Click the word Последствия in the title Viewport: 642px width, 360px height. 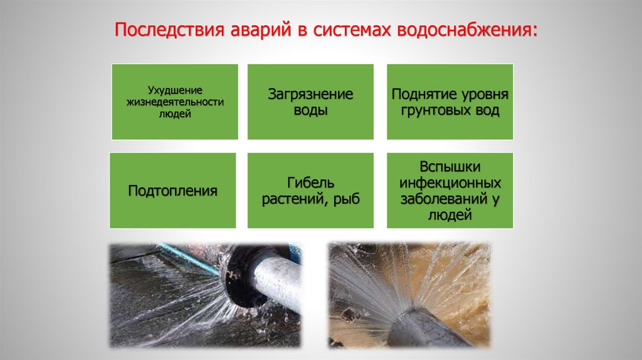click(169, 30)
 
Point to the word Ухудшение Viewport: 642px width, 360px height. click(175, 90)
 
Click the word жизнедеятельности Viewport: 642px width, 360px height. click(175, 102)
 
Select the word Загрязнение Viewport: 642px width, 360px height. click(310, 94)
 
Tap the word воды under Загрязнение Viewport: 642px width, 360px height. click(310, 110)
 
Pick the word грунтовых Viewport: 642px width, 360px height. click(436, 110)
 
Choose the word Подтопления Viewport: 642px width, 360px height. click(172, 191)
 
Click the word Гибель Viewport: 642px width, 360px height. click(310, 183)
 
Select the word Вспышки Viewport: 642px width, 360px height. click(450, 167)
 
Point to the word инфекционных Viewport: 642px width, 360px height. click(450, 183)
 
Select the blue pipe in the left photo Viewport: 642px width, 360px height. click(187, 258)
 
